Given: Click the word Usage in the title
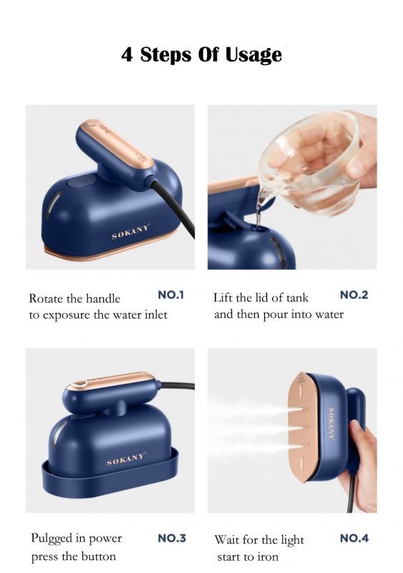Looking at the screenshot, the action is point(253,55).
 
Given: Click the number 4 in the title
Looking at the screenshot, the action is point(127,54).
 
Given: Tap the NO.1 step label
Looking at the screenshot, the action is point(170,295).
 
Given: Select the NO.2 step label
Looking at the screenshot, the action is point(354,295).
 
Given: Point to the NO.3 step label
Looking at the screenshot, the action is point(172,539).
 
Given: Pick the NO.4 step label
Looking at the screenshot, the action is point(354,539).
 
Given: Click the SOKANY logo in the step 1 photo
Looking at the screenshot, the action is point(131,232).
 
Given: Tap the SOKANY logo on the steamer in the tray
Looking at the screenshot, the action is point(126,459).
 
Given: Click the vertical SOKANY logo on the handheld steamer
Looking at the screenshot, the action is point(331,424).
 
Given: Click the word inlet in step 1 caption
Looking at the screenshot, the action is point(156,314).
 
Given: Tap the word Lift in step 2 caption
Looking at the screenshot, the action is point(223,297).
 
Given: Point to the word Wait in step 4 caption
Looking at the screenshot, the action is point(227,539).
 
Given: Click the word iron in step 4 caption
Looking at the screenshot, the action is point(268,557).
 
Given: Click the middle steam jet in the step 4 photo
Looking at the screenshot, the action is point(256,428).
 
